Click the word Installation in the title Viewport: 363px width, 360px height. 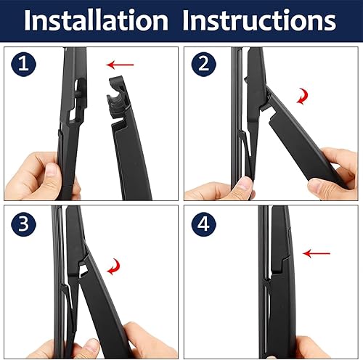tap(97, 21)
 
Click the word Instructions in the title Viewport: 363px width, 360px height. tap(260, 21)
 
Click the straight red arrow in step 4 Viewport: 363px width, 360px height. tap(317, 253)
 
